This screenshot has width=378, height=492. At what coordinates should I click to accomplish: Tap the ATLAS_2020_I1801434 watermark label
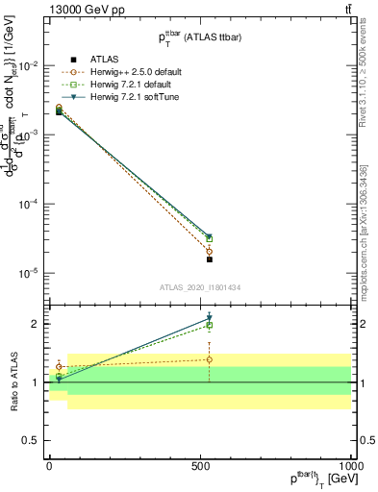(199, 287)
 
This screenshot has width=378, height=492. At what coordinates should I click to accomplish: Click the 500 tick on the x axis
(199, 465)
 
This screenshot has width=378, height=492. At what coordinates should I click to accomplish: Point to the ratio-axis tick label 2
(37, 324)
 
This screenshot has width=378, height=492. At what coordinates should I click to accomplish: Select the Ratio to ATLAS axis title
(14, 382)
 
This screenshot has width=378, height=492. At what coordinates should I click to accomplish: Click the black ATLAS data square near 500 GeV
(209, 259)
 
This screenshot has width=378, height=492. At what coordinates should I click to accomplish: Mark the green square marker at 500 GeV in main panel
(209, 238)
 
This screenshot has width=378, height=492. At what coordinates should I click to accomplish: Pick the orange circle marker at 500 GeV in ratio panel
(209, 359)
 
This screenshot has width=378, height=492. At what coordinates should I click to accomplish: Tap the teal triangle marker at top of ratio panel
(209, 318)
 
